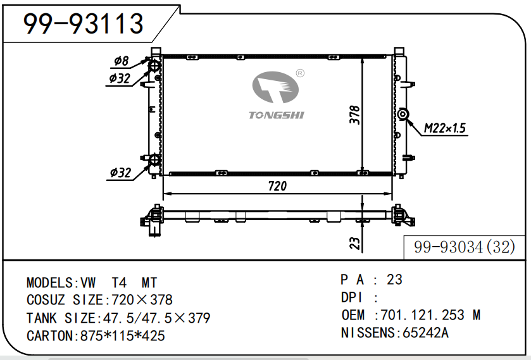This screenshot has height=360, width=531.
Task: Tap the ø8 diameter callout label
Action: (122, 61)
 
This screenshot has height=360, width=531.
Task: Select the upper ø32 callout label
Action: (120, 78)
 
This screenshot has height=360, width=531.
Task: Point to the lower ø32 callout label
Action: (120, 173)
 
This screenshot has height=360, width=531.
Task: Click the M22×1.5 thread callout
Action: (445, 128)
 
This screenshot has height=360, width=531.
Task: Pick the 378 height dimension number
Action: (354, 115)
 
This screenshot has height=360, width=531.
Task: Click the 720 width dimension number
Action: (277, 186)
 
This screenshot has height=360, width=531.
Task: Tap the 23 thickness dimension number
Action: (354, 243)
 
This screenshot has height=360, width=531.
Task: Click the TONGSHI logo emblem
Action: (275, 87)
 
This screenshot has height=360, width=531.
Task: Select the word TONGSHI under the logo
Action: (277, 115)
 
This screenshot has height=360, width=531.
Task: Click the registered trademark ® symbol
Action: (300, 73)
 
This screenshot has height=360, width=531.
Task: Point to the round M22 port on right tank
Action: (403, 115)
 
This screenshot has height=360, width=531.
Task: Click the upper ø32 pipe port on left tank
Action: (155, 65)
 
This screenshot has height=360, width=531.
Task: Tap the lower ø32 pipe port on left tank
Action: (154, 159)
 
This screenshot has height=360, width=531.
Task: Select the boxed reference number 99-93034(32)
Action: (465, 247)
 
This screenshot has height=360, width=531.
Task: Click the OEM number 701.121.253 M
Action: (431, 315)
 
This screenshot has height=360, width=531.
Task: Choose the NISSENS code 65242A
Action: (425, 333)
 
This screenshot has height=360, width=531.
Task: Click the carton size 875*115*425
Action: (123, 336)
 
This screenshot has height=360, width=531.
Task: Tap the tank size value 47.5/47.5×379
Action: (156, 318)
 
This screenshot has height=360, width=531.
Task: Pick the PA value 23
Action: (394, 280)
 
